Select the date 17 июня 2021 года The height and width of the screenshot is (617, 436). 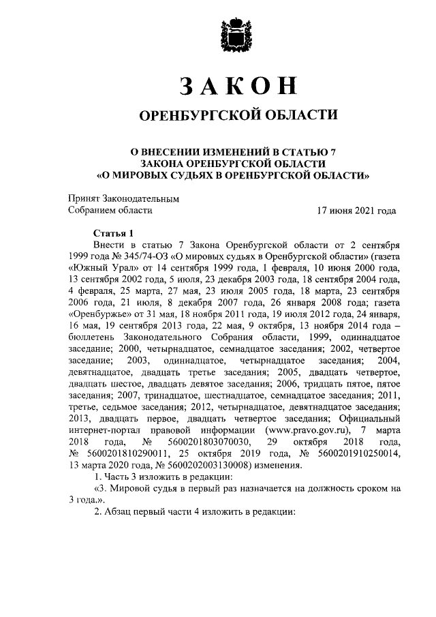(356, 211)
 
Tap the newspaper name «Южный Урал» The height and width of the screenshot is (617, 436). (97, 269)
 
